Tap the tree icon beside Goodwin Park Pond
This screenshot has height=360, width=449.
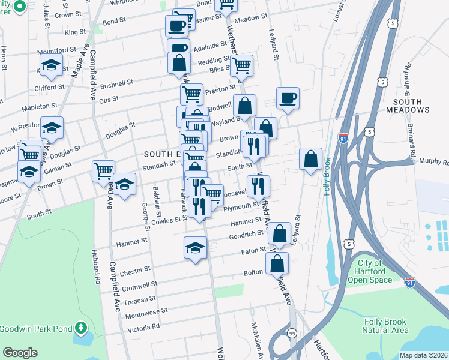tap(79, 329)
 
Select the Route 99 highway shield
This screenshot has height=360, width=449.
tap(292, 332)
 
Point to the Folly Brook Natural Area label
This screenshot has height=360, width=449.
tap(386, 325)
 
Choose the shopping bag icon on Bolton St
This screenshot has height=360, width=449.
tap(277, 264)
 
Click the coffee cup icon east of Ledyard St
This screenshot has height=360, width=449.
tap(288, 98)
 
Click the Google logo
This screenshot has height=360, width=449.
tap(20, 353)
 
